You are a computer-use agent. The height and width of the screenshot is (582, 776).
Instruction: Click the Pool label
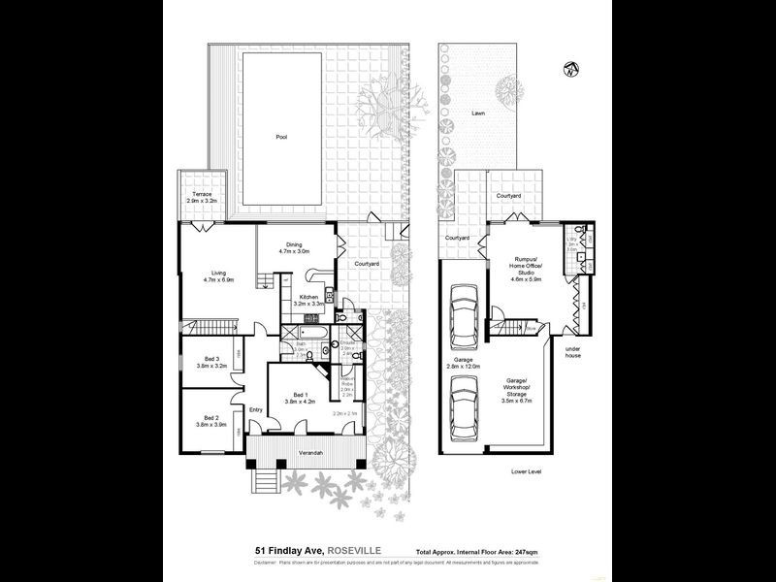(281, 137)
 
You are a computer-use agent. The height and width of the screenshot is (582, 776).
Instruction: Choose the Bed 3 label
(210, 362)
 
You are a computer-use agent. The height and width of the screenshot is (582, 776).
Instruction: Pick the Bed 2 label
(210, 420)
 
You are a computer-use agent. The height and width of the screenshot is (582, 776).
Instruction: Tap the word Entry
(256, 409)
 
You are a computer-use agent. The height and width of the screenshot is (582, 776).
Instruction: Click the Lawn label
(478, 113)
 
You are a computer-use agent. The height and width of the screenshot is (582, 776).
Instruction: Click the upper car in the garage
(465, 319)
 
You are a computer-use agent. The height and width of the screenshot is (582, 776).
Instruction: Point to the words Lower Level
(528, 471)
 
